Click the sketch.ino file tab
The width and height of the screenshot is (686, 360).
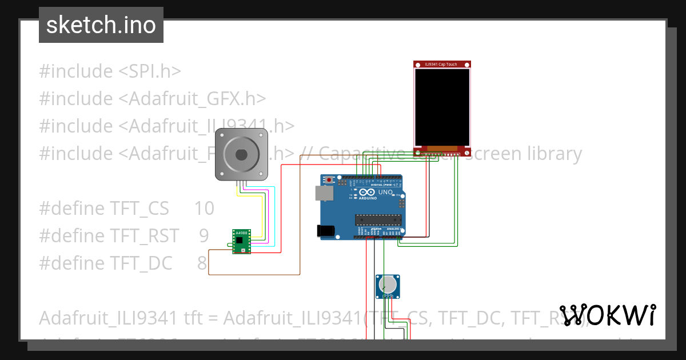pos(101,25)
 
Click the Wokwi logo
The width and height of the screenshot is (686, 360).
pos(607,315)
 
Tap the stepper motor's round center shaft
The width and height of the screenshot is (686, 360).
pos(241,154)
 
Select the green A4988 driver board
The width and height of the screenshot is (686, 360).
pos(241,241)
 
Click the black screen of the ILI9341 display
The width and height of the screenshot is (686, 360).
pos(442,107)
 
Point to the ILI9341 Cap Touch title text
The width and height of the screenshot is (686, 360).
pos(441,65)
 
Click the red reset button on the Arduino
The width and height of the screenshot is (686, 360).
pos(329,179)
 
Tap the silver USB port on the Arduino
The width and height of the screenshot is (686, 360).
pos(324,194)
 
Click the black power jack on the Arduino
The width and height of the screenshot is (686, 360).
pos(325,230)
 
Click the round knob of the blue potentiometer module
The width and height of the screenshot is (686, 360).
pos(388,284)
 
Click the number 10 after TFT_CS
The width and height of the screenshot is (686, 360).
pos(204,209)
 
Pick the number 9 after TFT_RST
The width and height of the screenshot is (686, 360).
pos(204,235)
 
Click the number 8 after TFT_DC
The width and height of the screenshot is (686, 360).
pos(202,263)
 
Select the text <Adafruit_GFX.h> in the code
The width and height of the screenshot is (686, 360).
pos(192,99)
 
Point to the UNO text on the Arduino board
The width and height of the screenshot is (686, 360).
pos(385,193)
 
